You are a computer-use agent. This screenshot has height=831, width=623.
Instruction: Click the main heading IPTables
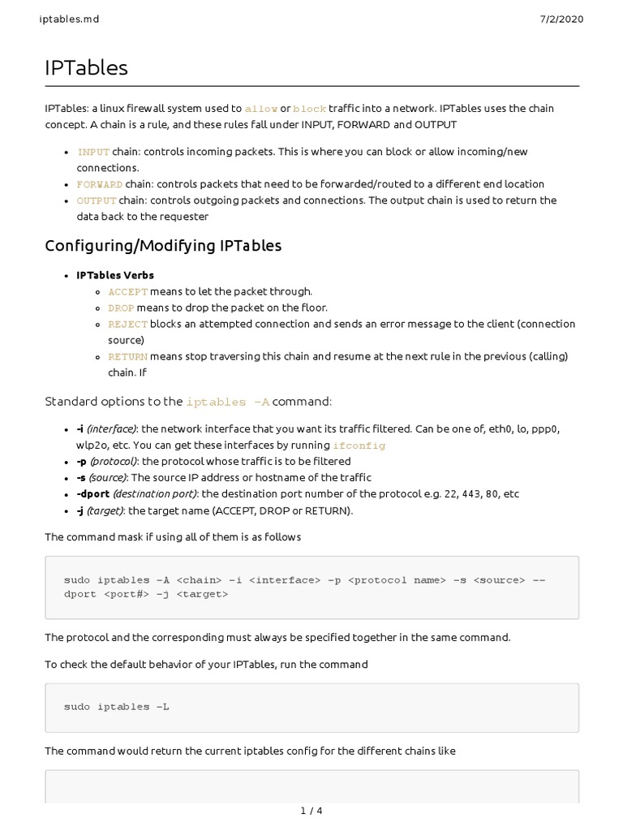tap(86, 68)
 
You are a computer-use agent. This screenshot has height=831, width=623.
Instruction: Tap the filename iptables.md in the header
tap(69, 19)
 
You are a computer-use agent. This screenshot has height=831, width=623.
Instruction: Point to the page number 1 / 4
tap(311, 810)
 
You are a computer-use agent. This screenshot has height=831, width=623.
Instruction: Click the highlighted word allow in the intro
tap(260, 109)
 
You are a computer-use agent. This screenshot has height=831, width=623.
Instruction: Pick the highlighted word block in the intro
tap(309, 109)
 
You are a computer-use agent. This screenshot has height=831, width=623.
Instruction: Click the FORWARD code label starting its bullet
tap(100, 184)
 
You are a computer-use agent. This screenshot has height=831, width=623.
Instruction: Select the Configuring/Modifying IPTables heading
tap(163, 245)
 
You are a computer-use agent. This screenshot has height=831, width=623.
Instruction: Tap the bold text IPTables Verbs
tap(115, 275)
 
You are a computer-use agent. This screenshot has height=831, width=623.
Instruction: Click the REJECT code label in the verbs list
tap(128, 324)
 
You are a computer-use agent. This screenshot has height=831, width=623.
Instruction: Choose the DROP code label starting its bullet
tap(121, 308)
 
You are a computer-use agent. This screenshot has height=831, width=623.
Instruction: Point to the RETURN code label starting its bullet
tap(128, 356)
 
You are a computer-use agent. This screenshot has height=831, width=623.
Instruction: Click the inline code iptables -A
tap(228, 402)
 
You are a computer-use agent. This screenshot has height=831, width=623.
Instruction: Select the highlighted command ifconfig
tap(359, 446)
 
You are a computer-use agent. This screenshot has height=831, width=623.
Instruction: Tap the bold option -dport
tap(93, 493)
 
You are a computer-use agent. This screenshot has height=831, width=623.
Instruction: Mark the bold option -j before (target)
tap(81, 510)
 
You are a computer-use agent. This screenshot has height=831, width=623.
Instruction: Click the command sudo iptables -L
tap(117, 707)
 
